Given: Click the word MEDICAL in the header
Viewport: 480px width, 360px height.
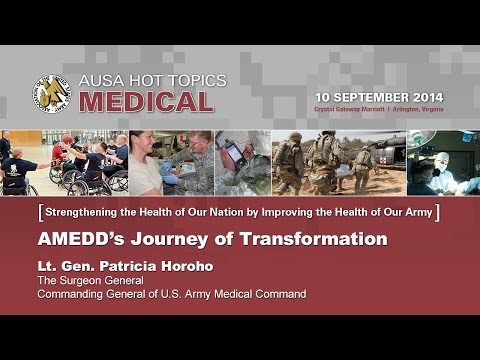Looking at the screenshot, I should pyautogui.click(x=146, y=102).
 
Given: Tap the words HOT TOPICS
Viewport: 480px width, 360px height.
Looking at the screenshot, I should pyautogui.click(x=179, y=81).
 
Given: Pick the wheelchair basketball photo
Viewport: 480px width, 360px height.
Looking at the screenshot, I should pyautogui.click(x=64, y=162).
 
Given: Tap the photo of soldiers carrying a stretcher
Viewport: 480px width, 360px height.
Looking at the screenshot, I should pyautogui.click(x=337, y=162).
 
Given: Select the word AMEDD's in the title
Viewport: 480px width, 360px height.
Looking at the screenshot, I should pyautogui.click(x=78, y=239).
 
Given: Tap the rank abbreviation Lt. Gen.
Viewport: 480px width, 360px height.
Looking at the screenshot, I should pyautogui.click(x=59, y=267).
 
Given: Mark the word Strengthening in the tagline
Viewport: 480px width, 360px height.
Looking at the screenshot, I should pyautogui.click(x=77, y=212).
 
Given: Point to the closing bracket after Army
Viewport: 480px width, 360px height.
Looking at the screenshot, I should pyautogui.click(x=437, y=212).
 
